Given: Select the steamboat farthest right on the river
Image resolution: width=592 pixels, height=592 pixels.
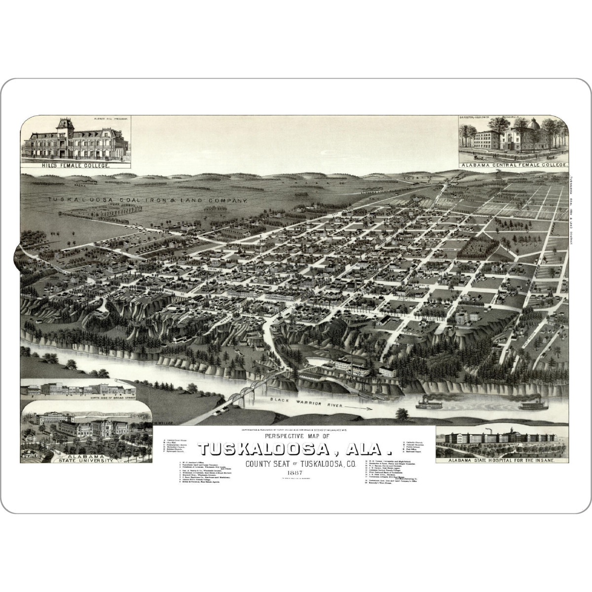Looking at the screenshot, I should click(x=533, y=405).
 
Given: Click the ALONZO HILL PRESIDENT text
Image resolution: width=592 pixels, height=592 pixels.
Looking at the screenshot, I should click(x=111, y=119).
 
